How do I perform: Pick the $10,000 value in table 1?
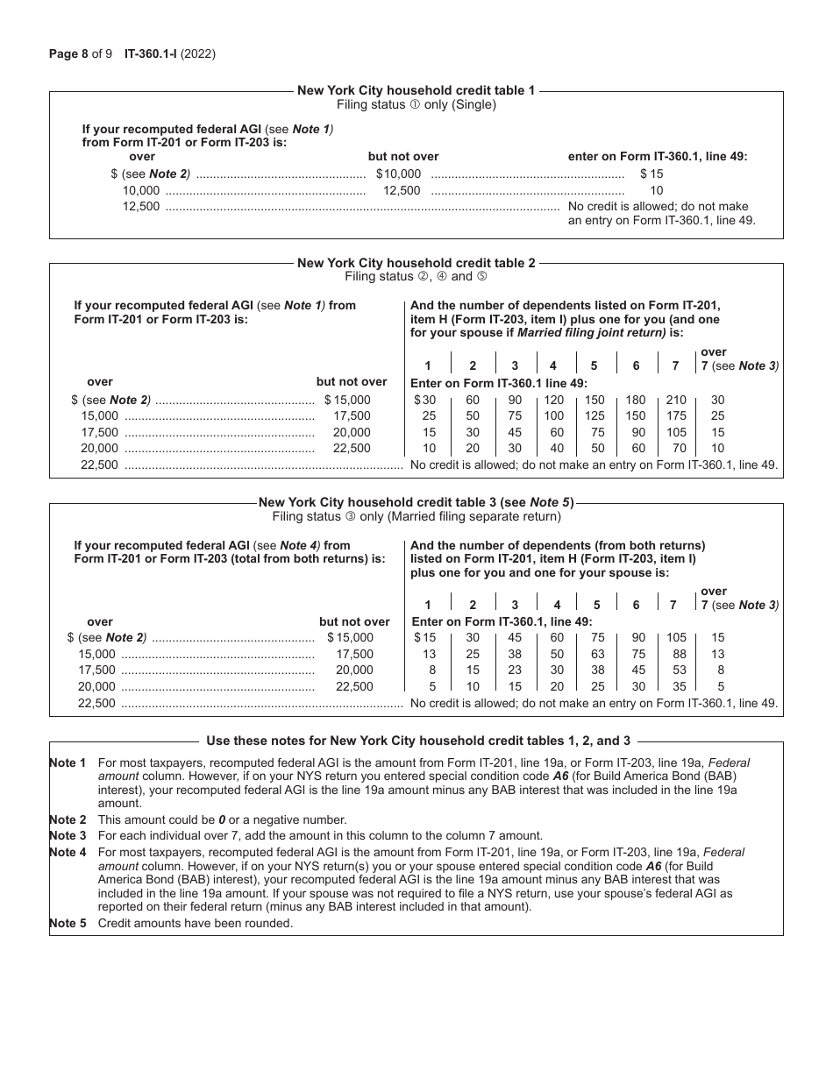point(398,174)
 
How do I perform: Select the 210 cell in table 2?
point(675,400)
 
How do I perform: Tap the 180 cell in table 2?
point(636,400)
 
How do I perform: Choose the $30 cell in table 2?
point(424,400)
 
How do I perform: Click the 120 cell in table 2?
point(553,400)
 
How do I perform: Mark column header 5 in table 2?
point(594,365)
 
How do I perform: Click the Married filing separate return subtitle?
point(416,516)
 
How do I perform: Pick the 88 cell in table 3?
point(675,654)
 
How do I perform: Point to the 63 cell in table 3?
point(597,654)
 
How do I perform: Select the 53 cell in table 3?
point(675,670)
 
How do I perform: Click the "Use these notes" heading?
point(417,741)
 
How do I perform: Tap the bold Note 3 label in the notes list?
point(68,835)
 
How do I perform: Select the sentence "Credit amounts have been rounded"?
point(195,923)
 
